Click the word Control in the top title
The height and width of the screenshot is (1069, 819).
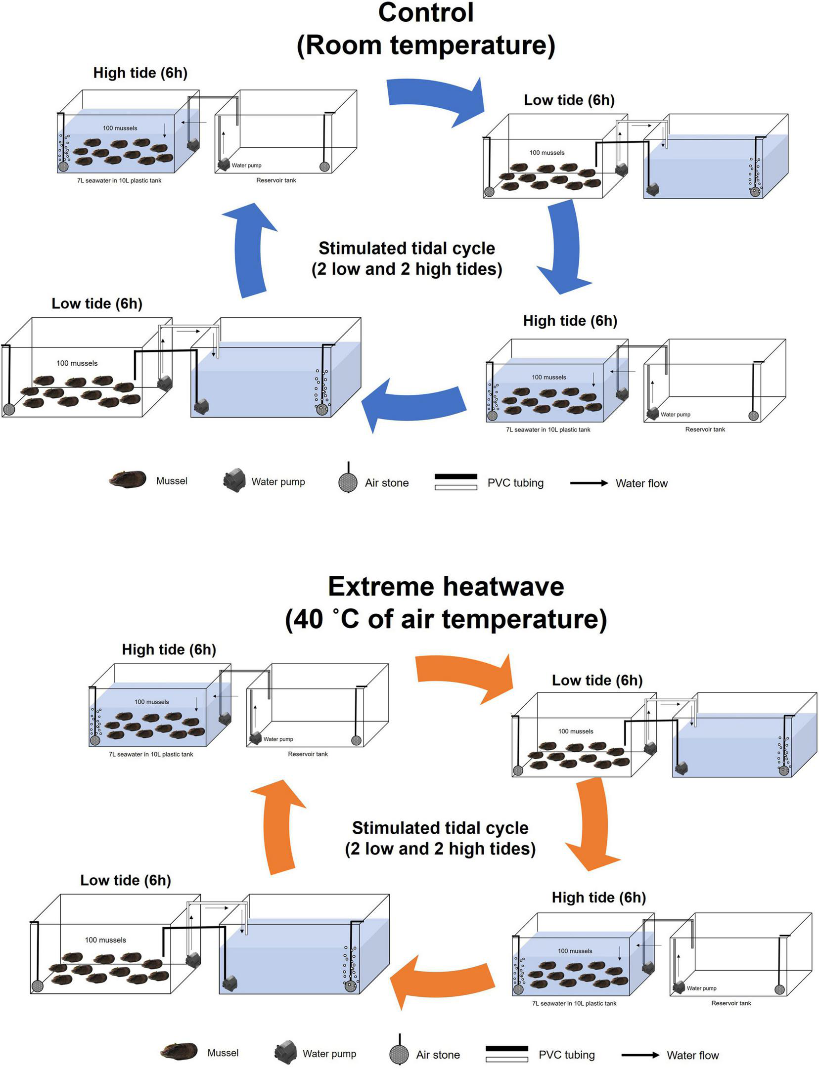tap(425, 13)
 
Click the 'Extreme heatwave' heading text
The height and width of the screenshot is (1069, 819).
tap(446, 587)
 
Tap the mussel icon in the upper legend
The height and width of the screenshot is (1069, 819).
tap(128, 479)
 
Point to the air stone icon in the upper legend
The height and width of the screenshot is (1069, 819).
tap(348, 482)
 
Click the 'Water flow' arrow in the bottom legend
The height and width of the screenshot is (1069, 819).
tap(640, 1055)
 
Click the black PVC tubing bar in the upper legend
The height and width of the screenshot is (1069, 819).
tap(455, 476)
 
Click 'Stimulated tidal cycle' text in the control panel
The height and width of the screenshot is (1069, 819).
tap(407, 248)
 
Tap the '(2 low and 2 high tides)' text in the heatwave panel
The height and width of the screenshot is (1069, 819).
tap(440, 849)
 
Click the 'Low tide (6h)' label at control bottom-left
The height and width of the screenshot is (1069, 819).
tap(97, 303)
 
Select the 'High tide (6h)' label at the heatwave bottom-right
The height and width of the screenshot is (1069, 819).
tap(598, 897)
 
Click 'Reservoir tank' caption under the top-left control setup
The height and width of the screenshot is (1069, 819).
tap(276, 180)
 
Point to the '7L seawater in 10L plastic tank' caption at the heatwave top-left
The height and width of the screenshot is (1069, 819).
tap(151, 754)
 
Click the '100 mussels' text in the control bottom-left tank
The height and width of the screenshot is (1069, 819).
tap(77, 363)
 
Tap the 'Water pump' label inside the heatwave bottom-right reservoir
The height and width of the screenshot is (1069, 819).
tap(701, 988)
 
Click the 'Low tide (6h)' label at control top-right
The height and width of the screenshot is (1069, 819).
tap(569, 100)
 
